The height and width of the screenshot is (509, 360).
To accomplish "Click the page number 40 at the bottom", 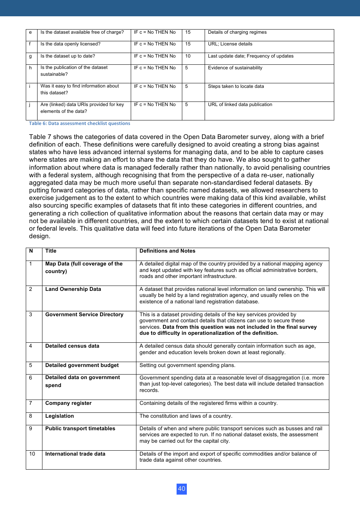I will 182,489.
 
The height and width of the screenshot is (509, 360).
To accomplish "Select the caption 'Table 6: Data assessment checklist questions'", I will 80,123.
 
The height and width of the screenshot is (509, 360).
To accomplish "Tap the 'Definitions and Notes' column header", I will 167,251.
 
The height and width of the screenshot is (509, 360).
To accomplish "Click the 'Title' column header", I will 51,251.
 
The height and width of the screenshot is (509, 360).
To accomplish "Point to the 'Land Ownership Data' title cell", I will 73,289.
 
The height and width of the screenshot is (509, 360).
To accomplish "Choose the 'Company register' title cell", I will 68,403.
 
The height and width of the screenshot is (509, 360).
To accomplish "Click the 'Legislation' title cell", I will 59,416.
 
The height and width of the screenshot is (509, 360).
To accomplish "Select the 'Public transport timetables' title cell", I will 80,429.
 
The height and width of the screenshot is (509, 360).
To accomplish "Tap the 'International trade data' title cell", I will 75,454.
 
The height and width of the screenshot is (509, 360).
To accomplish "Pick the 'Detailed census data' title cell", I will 72,346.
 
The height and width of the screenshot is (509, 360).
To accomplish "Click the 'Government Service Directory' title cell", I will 84,315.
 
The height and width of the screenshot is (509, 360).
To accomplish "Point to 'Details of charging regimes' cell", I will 237,33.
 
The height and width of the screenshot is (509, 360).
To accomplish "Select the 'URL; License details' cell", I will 230,44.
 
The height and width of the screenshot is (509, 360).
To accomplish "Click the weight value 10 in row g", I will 188,56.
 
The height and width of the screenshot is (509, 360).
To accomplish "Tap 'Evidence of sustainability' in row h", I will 235,68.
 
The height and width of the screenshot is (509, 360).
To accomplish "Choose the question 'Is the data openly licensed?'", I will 70,44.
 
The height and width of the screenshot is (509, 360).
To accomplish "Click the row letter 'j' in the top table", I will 30,105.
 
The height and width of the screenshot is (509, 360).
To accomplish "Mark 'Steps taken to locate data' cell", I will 236,87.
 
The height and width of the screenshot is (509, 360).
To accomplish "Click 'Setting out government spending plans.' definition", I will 187,365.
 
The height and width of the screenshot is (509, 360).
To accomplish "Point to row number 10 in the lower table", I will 32,454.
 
